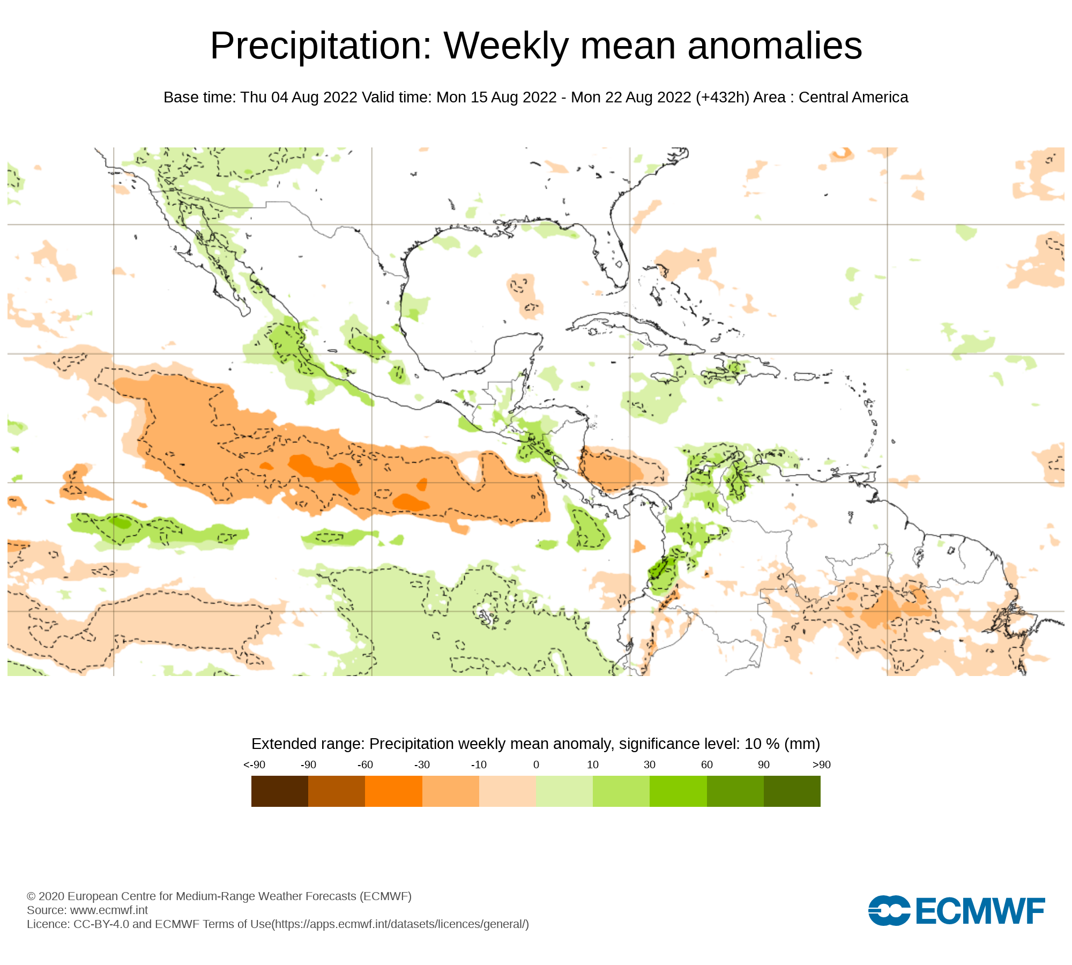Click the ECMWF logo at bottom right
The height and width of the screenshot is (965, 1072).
click(x=956, y=910)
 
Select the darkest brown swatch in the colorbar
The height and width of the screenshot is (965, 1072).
click(x=279, y=791)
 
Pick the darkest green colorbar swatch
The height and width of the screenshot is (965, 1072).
click(x=792, y=791)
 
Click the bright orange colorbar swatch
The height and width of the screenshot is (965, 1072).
click(x=393, y=791)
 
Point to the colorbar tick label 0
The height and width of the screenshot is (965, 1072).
click(x=535, y=764)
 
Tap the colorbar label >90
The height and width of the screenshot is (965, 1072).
click(x=821, y=764)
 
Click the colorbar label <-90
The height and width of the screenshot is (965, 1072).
click(x=254, y=764)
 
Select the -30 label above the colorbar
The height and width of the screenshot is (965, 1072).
click(x=422, y=764)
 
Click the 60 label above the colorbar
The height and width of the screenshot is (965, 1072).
click(x=706, y=764)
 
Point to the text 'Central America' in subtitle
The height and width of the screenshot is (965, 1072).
click(x=853, y=98)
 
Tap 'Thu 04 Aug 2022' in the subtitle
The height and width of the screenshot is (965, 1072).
click(x=299, y=98)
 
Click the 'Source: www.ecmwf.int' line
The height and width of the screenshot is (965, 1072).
click(x=87, y=910)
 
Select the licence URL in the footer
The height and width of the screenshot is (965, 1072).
click(x=401, y=924)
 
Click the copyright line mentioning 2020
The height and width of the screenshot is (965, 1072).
click(x=219, y=896)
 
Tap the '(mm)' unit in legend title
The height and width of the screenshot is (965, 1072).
click(x=802, y=744)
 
